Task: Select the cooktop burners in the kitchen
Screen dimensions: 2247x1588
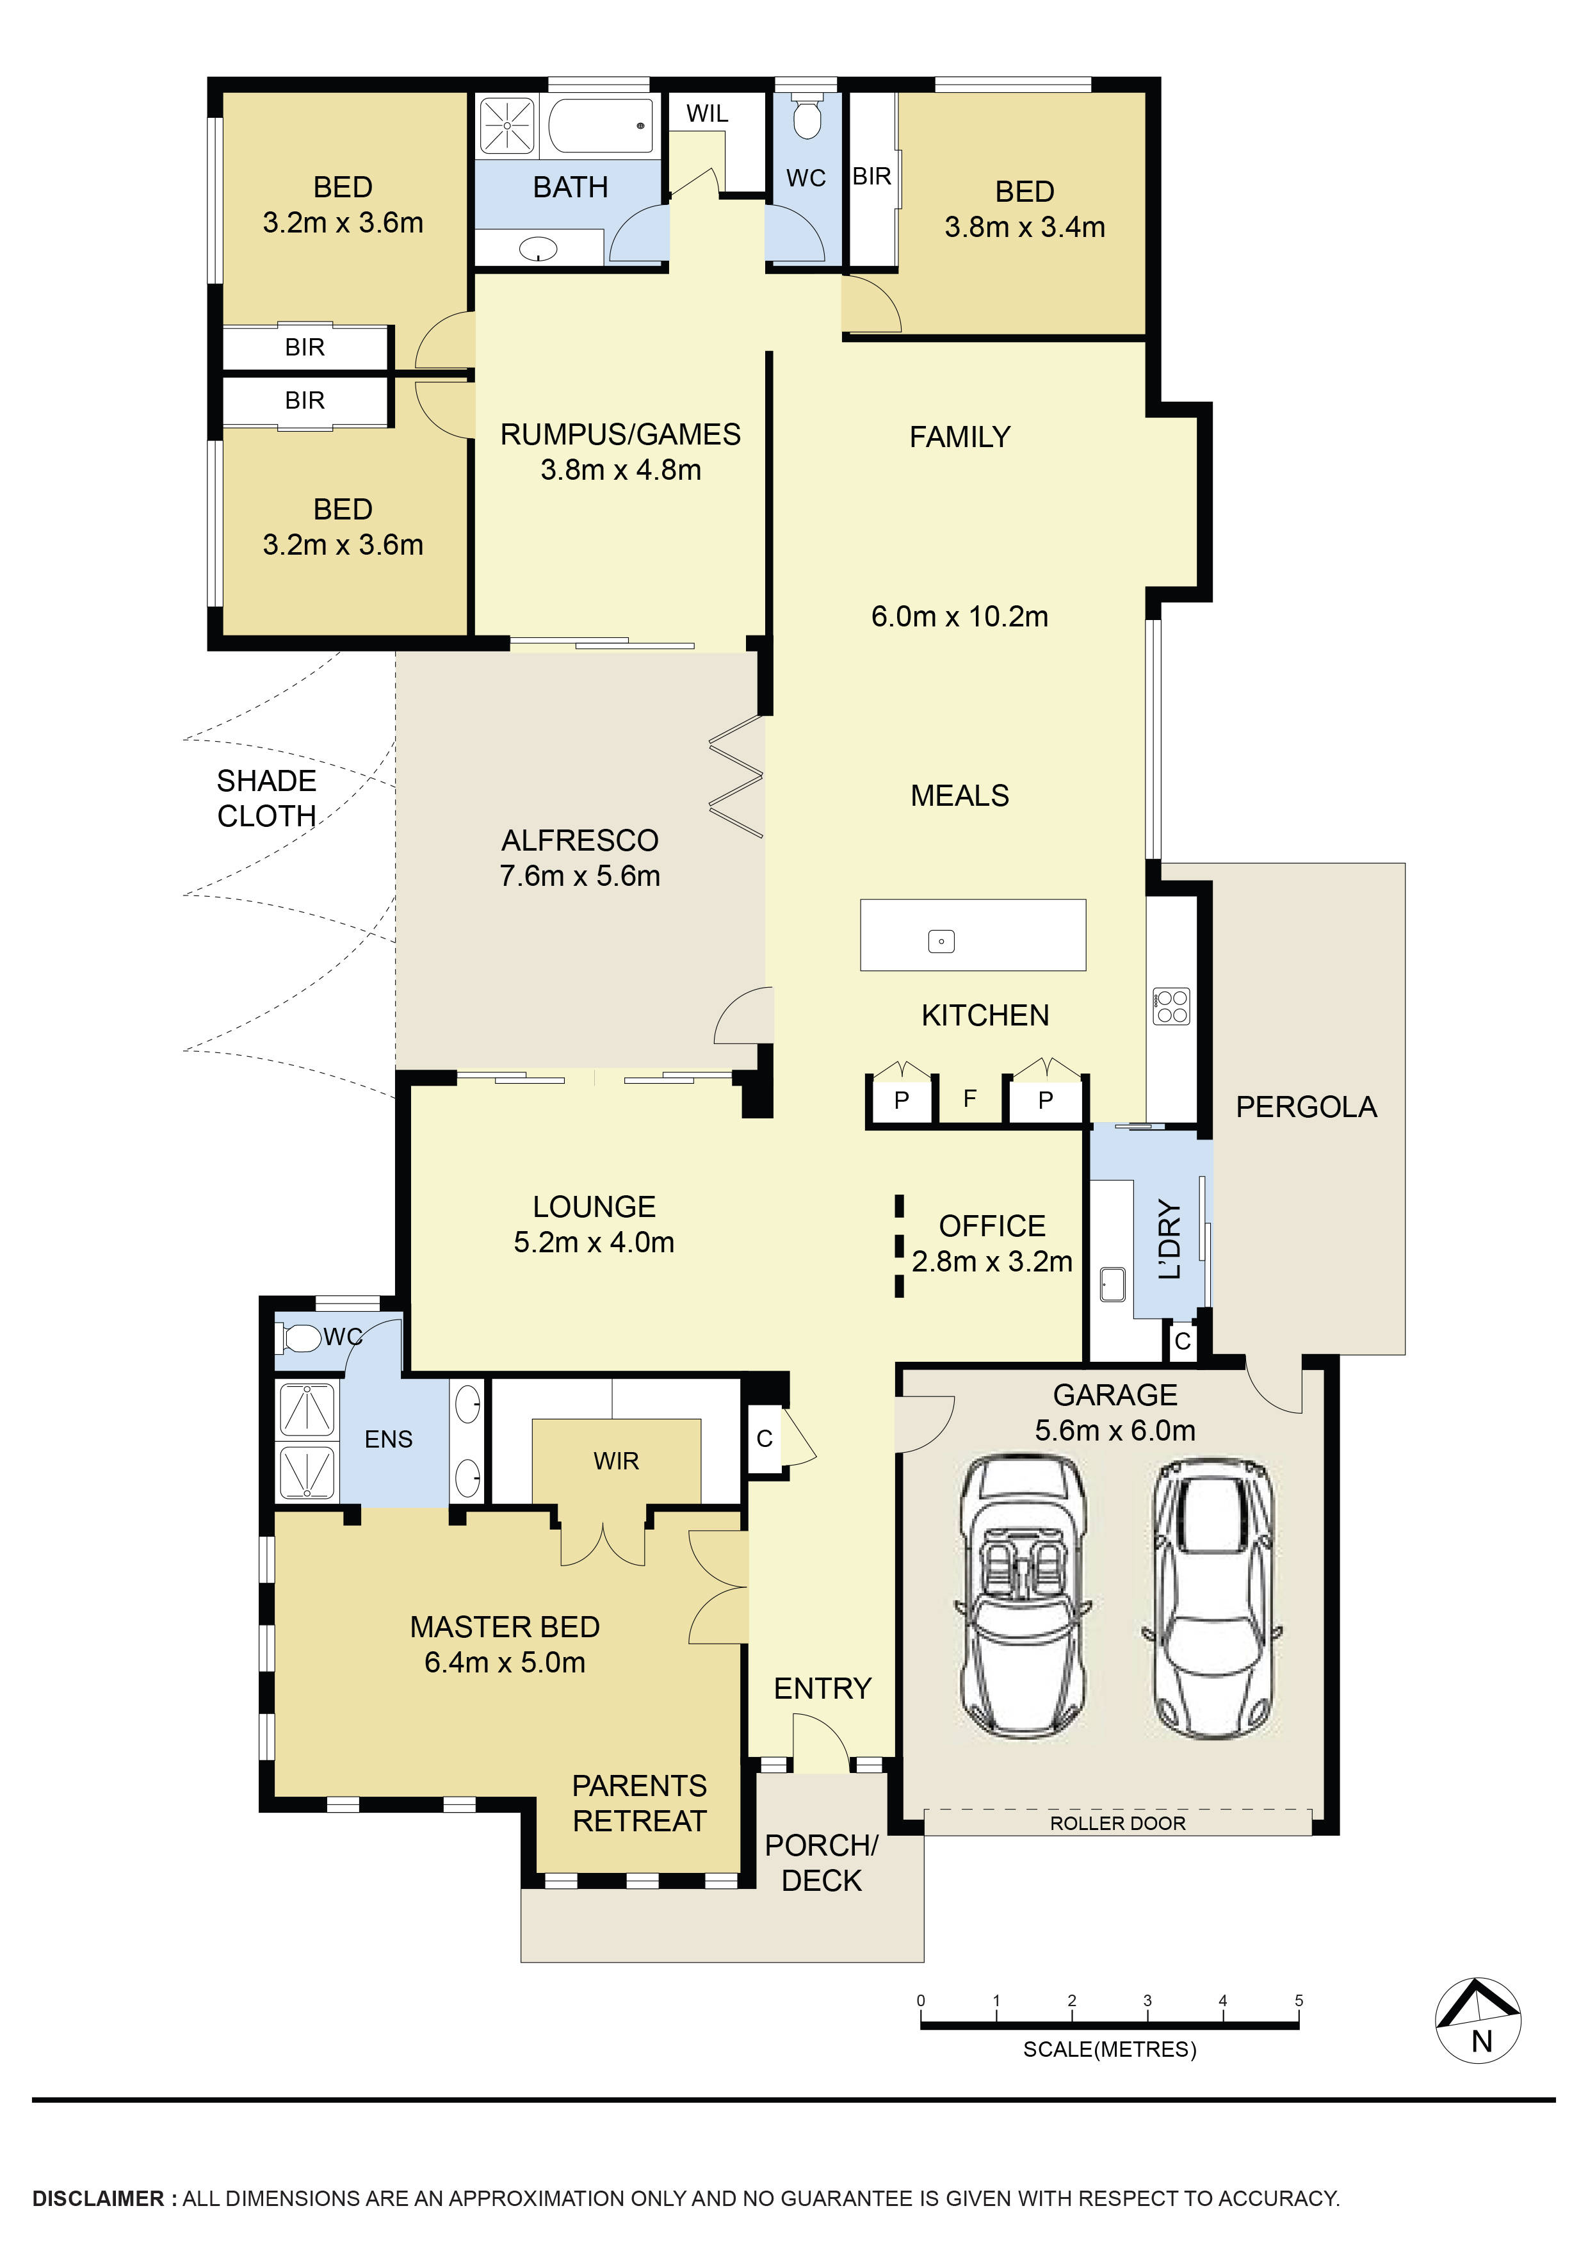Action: (1171, 1007)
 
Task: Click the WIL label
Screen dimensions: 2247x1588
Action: (706, 113)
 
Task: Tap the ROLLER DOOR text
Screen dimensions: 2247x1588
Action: (1117, 1823)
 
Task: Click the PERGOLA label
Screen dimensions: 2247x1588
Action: (1305, 1107)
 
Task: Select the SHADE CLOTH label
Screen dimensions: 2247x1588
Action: (266, 799)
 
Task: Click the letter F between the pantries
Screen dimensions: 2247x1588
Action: (969, 1098)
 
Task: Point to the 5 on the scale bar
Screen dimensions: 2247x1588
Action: (1299, 2000)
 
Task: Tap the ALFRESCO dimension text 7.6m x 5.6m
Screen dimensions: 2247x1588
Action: (579, 876)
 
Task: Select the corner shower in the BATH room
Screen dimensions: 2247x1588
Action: (507, 126)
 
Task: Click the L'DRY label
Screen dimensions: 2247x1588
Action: (1169, 1240)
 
